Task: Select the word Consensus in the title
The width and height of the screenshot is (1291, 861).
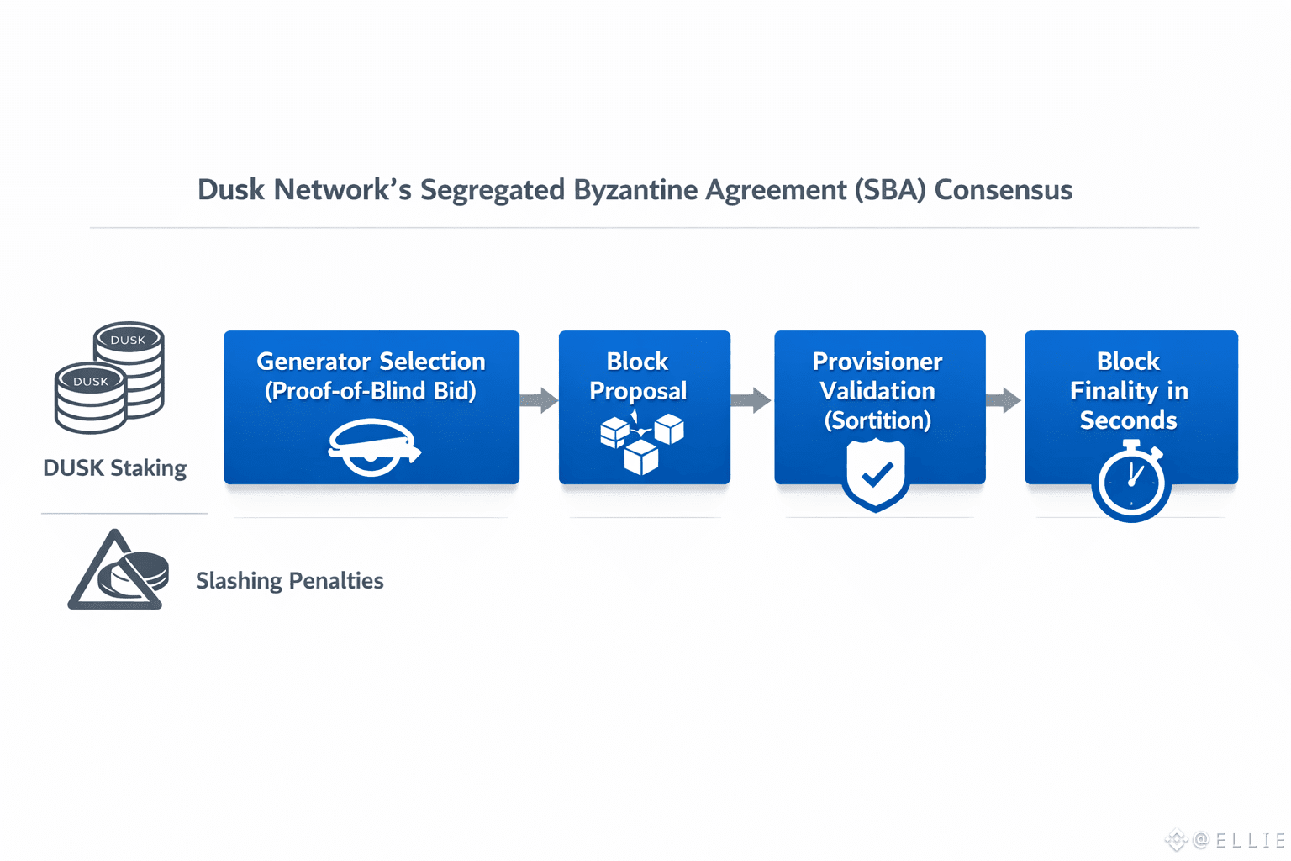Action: point(1004,190)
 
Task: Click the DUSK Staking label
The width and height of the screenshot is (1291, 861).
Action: point(114,467)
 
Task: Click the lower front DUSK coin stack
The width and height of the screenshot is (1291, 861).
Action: point(91,398)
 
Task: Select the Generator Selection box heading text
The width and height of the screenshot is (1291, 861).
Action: point(371,362)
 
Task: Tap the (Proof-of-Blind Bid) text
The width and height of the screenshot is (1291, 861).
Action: point(371,391)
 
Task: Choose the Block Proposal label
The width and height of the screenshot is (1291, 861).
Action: point(638,376)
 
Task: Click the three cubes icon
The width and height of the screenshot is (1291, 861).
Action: point(641,442)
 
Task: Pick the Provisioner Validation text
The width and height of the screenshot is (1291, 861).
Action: point(877,376)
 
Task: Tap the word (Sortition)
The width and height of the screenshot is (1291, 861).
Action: point(877,420)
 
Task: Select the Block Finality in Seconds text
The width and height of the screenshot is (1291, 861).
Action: point(1129,391)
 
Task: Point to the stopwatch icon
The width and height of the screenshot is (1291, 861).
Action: point(1130,481)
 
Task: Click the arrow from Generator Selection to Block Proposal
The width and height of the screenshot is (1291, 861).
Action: point(539,400)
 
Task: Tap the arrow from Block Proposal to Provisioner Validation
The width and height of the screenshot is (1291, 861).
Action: point(751,400)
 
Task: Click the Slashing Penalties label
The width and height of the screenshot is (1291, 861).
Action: point(289,581)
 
